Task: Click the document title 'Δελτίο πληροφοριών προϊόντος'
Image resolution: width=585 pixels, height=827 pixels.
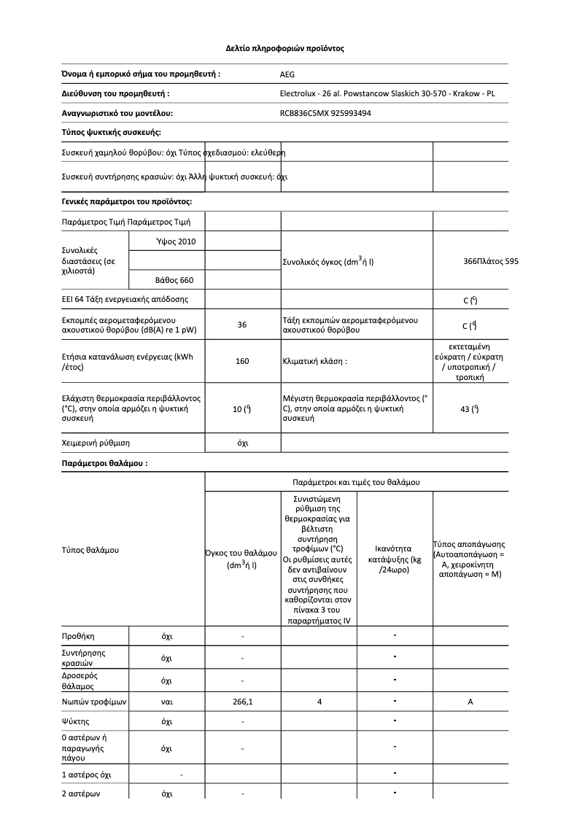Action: [284, 49]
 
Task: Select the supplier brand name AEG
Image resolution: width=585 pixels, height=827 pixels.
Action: [288, 74]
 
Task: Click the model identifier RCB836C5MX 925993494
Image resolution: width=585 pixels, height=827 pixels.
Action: [325, 113]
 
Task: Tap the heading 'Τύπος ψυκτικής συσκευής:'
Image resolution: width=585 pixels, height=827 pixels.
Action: [111, 132]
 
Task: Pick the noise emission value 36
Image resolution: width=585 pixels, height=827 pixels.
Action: [243, 325]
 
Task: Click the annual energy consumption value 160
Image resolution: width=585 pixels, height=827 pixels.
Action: [243, 361]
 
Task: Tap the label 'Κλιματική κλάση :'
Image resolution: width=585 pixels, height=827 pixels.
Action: [314, 361]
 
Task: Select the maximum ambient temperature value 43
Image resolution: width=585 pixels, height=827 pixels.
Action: [470, 409]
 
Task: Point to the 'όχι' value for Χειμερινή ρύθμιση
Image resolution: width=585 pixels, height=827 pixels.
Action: [243, 443]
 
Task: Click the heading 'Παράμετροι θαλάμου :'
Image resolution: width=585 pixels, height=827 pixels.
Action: [104, 463]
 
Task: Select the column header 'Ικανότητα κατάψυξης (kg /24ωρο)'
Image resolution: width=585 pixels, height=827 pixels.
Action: [395, 559]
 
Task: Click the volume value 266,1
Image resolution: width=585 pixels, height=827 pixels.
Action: [243, 702]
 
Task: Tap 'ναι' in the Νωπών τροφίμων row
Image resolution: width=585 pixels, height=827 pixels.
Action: [166, 702]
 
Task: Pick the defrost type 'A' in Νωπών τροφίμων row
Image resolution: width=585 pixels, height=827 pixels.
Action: [470, 702]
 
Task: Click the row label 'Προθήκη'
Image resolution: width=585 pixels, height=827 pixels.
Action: [79, 637]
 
